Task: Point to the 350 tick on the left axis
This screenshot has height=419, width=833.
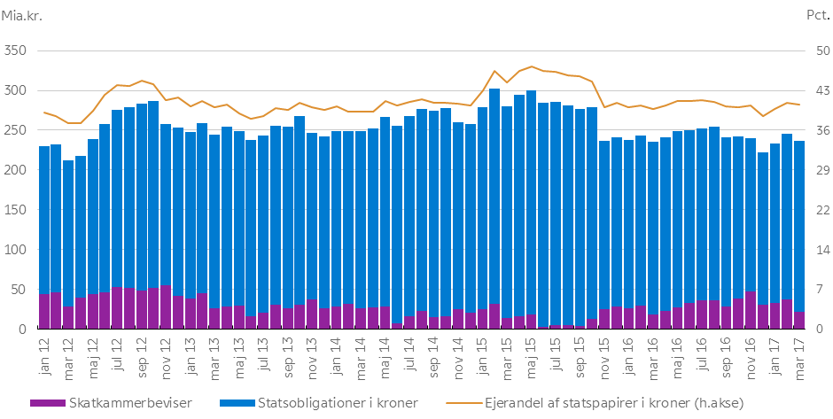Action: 18,50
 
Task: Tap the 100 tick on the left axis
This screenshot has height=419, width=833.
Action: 18,250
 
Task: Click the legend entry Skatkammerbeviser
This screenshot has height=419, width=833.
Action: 113,403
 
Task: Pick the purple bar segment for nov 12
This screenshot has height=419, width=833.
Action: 166,306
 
